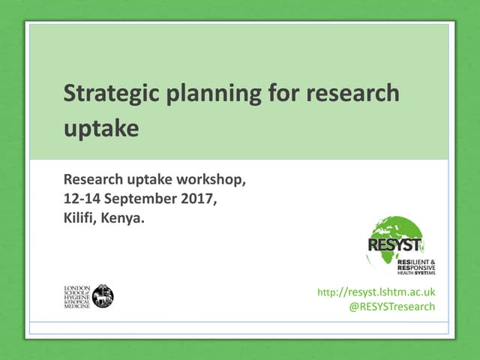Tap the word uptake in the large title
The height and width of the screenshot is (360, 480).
101,127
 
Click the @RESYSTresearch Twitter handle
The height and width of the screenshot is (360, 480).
392,307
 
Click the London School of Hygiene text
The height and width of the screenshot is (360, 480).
76,295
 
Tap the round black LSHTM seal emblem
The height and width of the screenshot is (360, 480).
103,295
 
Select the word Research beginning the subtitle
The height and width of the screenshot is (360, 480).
93,180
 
